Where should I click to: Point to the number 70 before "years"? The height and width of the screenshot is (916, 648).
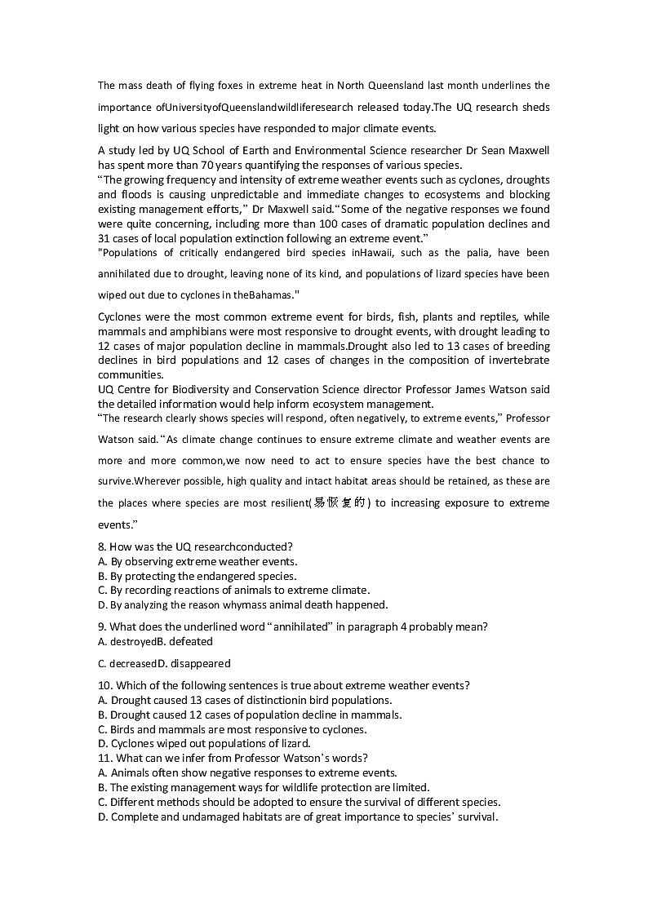tap(216, 164)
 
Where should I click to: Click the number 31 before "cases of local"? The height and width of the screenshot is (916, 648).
tap(105, 238)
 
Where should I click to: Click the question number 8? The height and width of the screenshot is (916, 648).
tap(101, 547)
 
